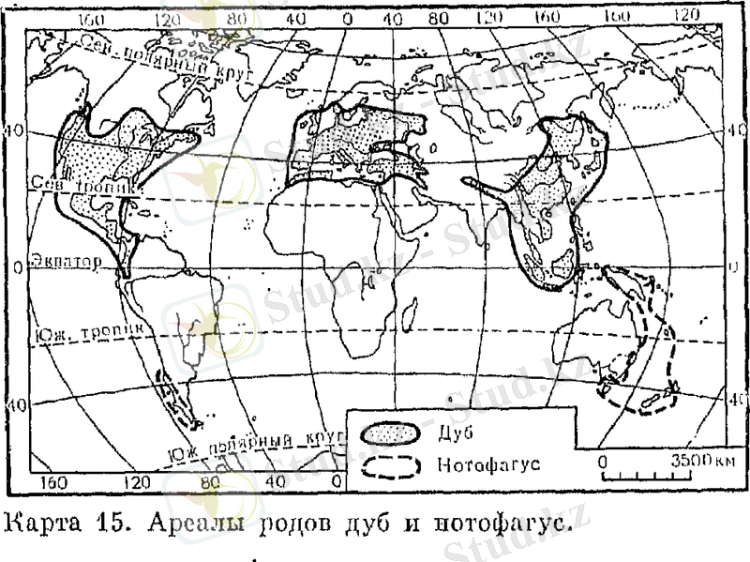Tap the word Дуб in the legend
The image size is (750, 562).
454,433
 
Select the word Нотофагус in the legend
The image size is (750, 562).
487,465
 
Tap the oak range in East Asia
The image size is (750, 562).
553,188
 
